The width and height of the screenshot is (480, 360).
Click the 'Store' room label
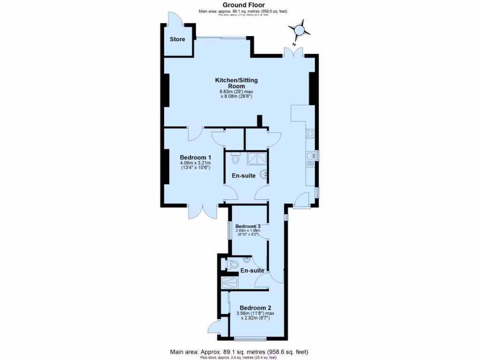coord(177,39)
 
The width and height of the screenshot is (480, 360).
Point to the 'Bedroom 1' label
coord(195,157)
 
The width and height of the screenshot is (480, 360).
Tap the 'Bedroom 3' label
coord(248,225)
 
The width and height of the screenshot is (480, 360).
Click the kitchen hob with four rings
coord(310,134)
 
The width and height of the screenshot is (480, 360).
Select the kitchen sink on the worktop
coord(310,156)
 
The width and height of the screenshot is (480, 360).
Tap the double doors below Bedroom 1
coord(202,212)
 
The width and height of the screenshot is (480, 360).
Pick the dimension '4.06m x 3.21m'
coord(195,163)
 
